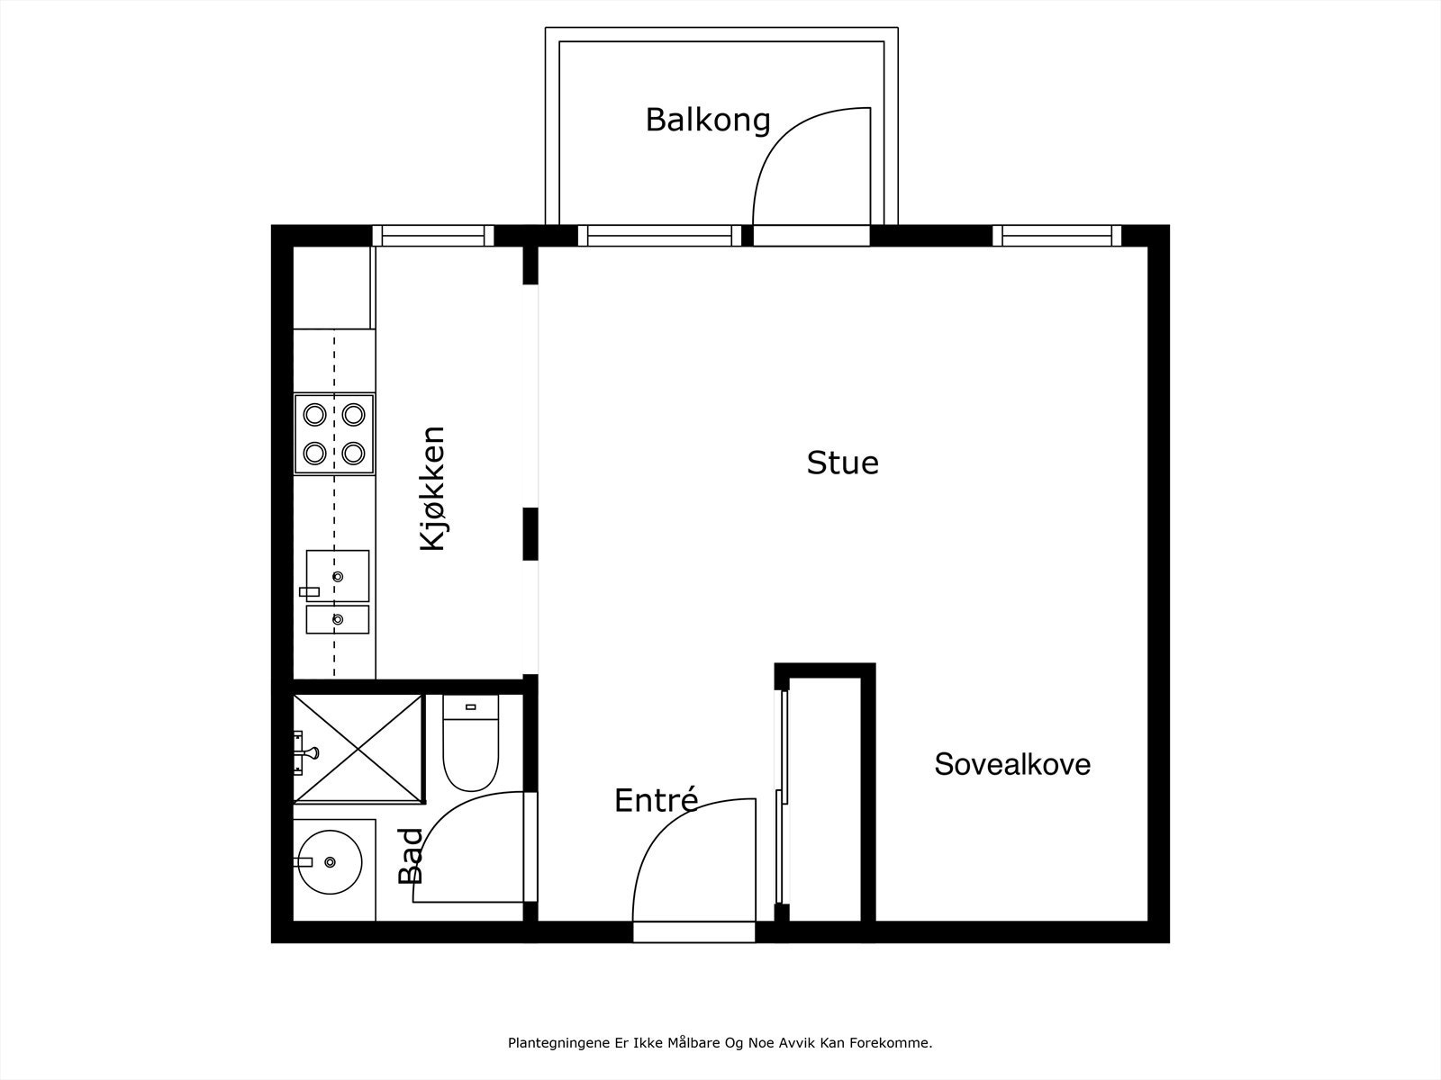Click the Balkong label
click(708, 120)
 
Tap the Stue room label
click(842, 463)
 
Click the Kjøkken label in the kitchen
click(433, 489)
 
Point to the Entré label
click(656, 800)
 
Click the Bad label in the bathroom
click(411, 856)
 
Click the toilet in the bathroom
click(470, 745)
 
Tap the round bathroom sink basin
click(330, 861)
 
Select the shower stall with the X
click(358, 748)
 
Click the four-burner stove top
click(334, 434)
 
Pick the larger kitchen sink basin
click(338, 575)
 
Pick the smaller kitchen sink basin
click(338, 619)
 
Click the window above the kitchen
click(433, 236)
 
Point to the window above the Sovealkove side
click(1056, 236)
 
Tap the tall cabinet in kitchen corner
click(332, 287)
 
